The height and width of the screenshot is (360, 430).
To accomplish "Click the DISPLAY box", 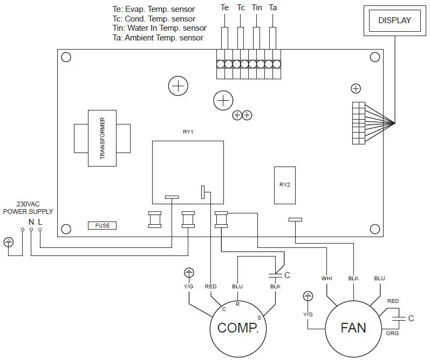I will [394, 21].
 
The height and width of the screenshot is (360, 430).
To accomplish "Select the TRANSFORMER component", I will [102, 139].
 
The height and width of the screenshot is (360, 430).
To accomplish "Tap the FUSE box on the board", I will [102, 225].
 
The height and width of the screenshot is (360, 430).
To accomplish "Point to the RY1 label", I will [188, 131].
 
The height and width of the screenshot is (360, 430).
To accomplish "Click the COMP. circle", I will [238, 327].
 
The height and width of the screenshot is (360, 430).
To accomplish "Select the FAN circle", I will [353, 327].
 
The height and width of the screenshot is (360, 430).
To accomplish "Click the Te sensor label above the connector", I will [224, 8].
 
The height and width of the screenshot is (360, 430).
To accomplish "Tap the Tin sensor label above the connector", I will [257, 8].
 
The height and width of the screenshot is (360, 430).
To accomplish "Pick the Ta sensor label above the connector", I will [273, 8].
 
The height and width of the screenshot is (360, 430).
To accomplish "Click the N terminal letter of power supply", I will [31, 221].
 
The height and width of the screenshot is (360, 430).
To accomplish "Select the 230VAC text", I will [28, 204].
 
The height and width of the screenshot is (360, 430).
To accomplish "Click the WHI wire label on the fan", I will [326, 279].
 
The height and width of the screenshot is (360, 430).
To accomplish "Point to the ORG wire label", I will [392, 333].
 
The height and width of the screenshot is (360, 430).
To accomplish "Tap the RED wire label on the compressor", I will [210, 286].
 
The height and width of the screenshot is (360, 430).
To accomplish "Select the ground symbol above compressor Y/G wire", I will [188, 272].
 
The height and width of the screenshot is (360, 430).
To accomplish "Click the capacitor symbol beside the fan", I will [399, 318].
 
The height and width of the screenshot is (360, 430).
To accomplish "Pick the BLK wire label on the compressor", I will [275, 286].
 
